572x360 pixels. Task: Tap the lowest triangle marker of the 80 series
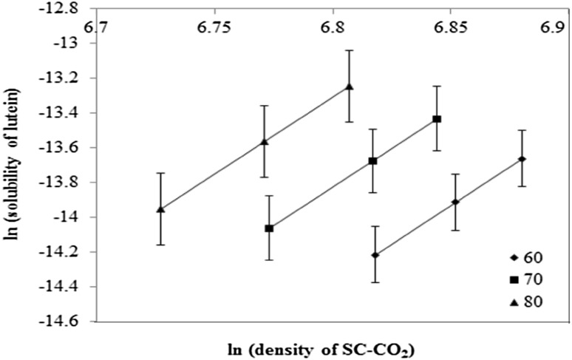pyautogui.click(x=160, y=209)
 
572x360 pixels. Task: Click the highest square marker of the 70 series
pyautogui.click(x=437, y=119)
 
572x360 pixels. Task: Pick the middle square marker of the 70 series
pyautogui.click(x=372, y=161)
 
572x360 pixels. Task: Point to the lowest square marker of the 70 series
pyautogui.click(x=269, y=228)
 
